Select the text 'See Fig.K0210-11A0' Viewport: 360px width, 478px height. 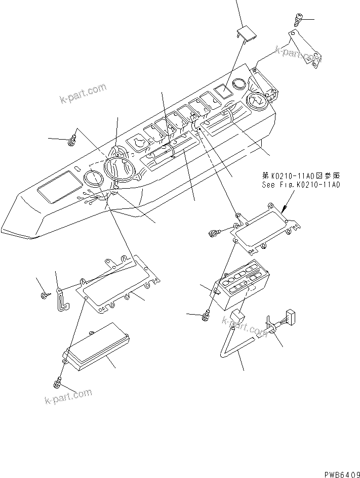(301, 185)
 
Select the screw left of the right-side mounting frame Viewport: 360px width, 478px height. (214, 232)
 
